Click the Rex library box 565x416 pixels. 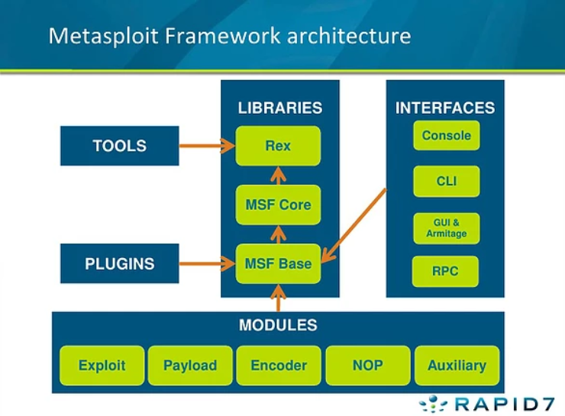[x=278, y=146]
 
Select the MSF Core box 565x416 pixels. [x=278, y=205]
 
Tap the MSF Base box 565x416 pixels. [x=278, y=263]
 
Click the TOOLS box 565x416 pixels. [x=119, y=146]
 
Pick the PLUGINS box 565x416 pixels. [x=119, y=263]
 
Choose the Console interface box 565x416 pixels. [x=447, y=136]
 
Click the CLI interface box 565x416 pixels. [x=447, y=182]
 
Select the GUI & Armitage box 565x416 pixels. [x=447, y=228]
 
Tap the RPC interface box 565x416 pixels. [x=445, y=271]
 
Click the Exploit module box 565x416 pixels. [x=101, y=366]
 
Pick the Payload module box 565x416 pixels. [x=190, y=366]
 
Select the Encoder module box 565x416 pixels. [x=279, y=366]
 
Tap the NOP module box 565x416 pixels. [x=367, y=366]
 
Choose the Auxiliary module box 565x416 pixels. [x=457, y=366]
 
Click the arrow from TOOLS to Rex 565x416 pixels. [x=206, y=145]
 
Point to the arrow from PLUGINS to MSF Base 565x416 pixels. [x=206, y=263]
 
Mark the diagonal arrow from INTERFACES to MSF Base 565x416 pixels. [x=356, y=221]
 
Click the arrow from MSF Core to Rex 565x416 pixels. [x=278, y=176]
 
